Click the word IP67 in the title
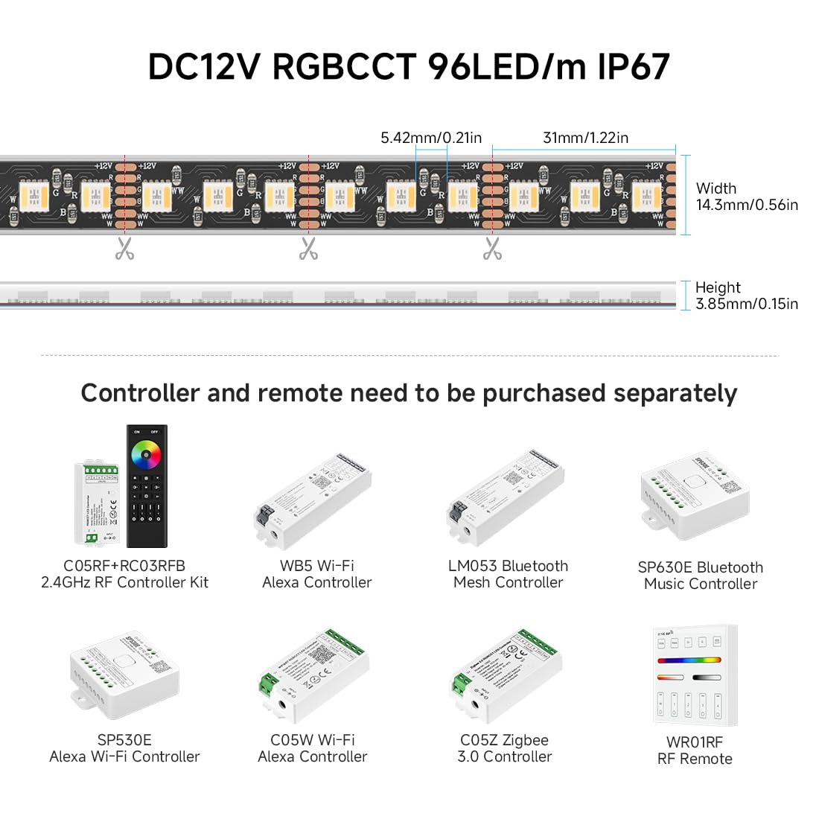point(634,67)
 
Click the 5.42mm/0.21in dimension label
point(431,138)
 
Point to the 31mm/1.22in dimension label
point(585,138)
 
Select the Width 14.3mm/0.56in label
point(746,197)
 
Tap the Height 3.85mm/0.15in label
point(746,296)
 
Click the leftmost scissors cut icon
point(124,249)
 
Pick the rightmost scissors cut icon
point(492,249)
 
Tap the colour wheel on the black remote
point(147,453)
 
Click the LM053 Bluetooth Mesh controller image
point(506,497)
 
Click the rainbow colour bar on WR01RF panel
point(689,660)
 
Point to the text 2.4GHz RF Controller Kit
point(124,583)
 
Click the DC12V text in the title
point(204,67)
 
